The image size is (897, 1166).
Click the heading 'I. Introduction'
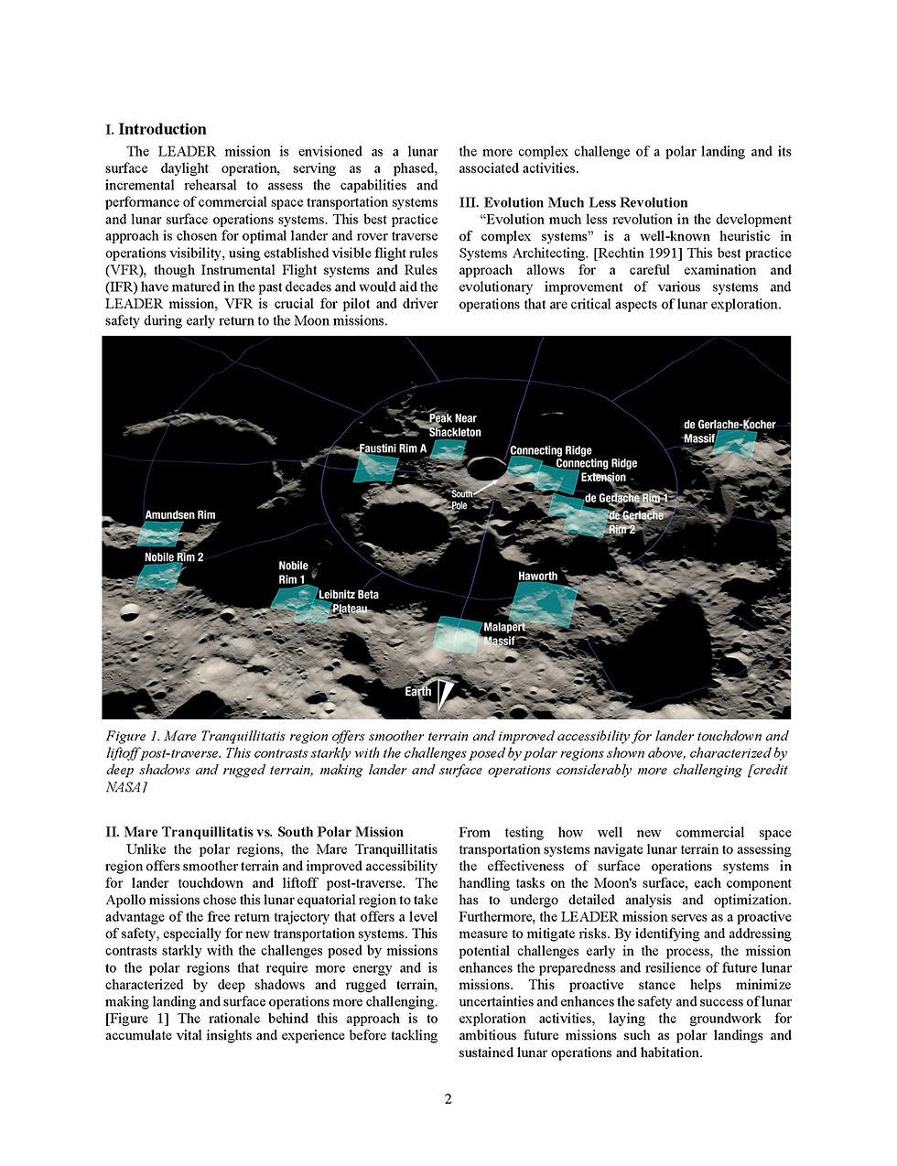click(156, 130)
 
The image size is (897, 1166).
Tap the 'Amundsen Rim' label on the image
click(180, 515)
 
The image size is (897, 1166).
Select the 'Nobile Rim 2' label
click(174, 557)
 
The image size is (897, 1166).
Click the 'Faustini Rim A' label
click(393, 448)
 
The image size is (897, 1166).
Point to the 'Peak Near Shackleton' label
click(454, 425)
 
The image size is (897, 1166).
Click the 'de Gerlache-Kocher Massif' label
click(729, 431)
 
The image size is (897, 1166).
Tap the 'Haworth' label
click(537, 576)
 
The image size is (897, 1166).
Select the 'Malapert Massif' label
click(503, 633)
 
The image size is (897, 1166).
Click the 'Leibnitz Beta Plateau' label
click(348, 601)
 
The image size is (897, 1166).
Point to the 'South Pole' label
click(459, 500)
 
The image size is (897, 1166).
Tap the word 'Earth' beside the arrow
click(417, 692)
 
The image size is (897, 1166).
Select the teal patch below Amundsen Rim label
click(160, 534)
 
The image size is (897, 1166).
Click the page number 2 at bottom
click(448, 1099)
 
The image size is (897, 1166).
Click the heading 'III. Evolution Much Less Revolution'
click(573, 202)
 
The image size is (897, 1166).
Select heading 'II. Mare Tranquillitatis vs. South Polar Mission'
click(254, 832)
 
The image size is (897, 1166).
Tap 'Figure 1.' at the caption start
click(134, 736)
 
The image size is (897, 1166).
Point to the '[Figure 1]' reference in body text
click(139, 1019)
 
